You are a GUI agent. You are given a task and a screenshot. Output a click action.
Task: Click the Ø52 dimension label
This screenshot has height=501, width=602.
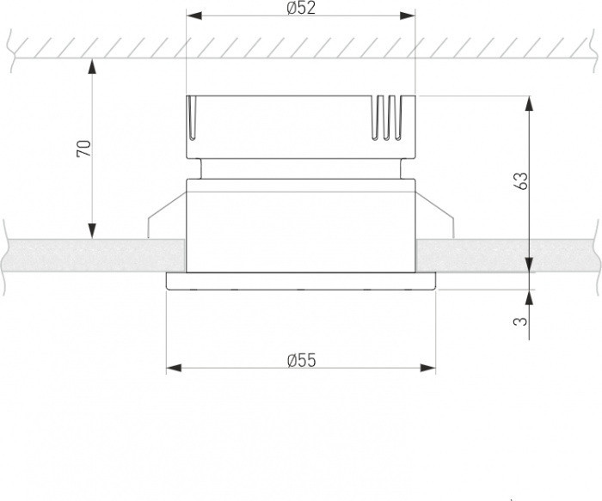300,8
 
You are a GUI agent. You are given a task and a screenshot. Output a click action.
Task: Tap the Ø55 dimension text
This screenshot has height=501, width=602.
302,359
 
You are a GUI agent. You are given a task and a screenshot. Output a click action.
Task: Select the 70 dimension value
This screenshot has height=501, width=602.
83,148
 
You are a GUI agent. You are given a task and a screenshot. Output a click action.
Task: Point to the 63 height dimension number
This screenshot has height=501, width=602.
519,181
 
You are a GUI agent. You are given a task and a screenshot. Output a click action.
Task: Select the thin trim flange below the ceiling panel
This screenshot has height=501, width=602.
301,282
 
